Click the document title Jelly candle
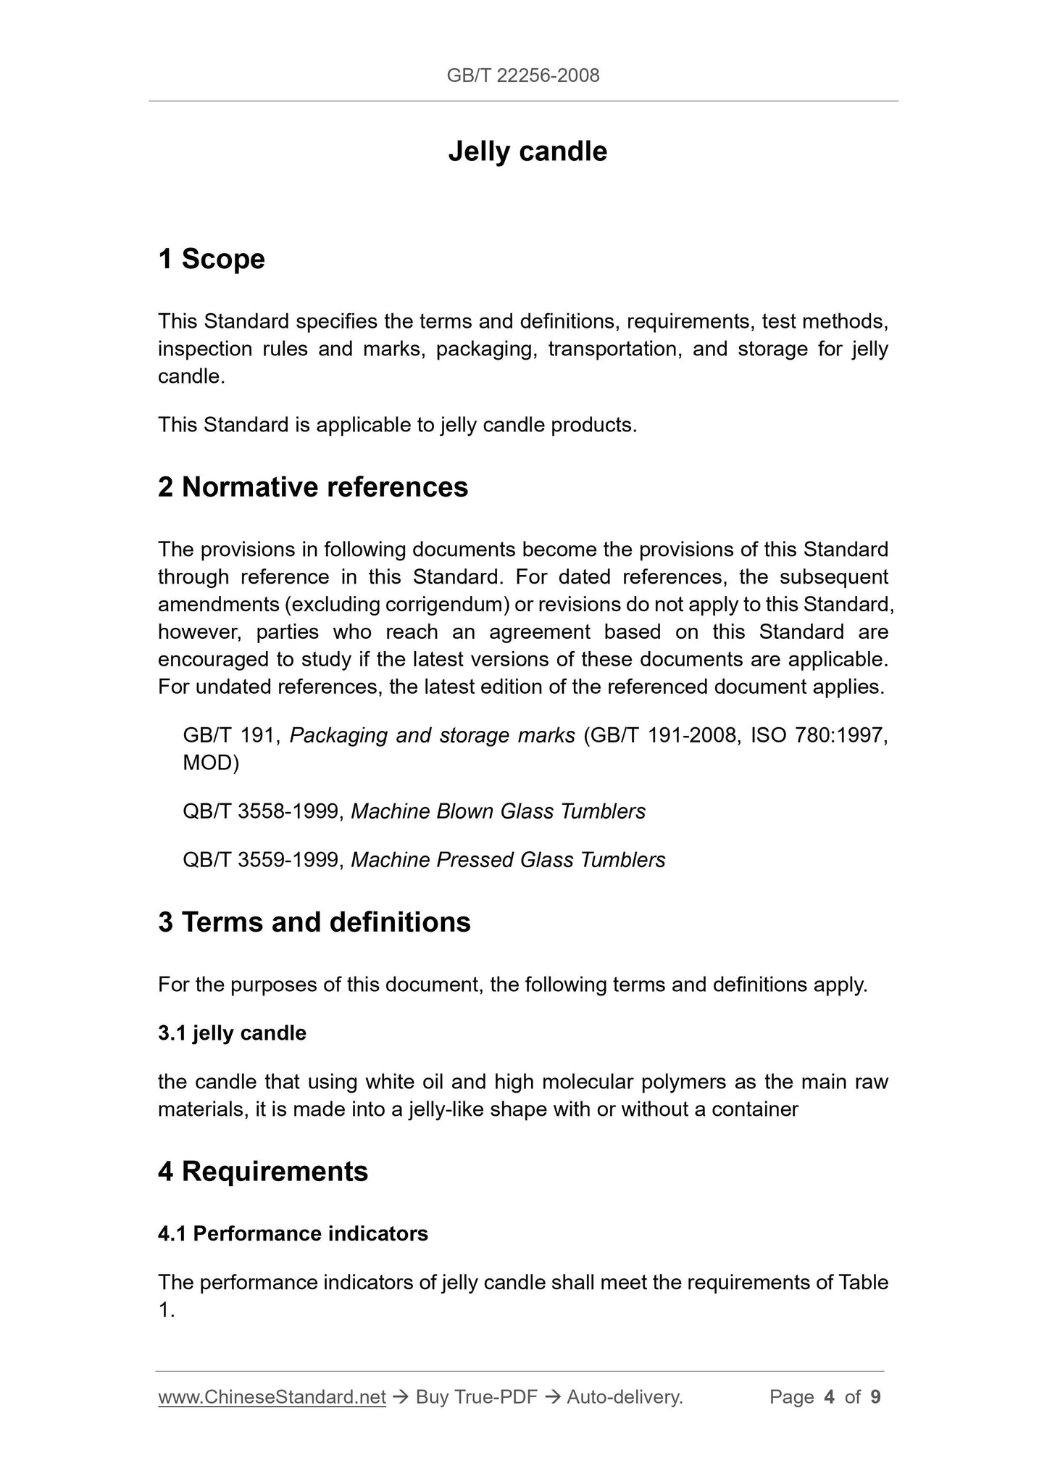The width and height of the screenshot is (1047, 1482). (x=527, y=152)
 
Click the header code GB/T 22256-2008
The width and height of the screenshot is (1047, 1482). (x=523, y=75)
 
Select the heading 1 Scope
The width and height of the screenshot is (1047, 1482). (x=212, y=259)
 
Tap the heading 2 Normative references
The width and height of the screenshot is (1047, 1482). (x=313, y=487)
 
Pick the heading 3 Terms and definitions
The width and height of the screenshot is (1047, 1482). (x=314, y=922)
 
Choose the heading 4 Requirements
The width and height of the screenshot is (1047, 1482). (x=263, y=1171)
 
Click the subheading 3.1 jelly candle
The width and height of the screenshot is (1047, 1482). (x=232, y=1032)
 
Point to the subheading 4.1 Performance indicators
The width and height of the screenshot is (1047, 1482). (x=293, y=1233)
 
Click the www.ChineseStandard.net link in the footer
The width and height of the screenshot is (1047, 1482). (x=272, y=1396)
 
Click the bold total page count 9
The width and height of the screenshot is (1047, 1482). (x=875, y=1396)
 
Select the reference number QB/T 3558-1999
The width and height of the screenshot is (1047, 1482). (x=261, y=811)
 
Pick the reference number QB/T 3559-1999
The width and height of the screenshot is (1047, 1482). (x=261, y=860)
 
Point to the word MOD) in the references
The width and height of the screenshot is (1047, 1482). (x=211, y=763)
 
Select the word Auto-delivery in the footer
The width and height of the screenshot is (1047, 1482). (x=624, y=1396)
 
